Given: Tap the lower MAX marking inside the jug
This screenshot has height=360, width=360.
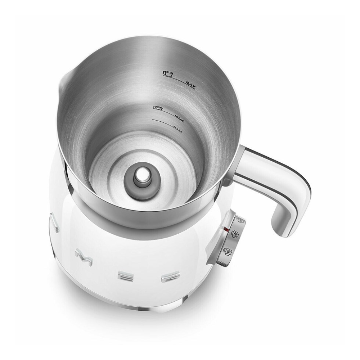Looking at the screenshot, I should tap(179, 116).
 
